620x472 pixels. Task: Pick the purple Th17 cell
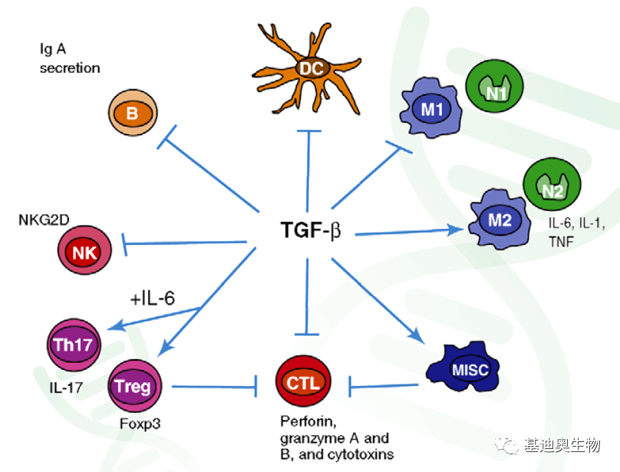[x=73, y=344]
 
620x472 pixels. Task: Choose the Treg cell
[x=132, y=386]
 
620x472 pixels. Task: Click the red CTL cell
[x=302, y=381]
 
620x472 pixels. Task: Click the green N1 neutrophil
[x=495, y=91]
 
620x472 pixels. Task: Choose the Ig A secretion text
[x=70, y=60]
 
